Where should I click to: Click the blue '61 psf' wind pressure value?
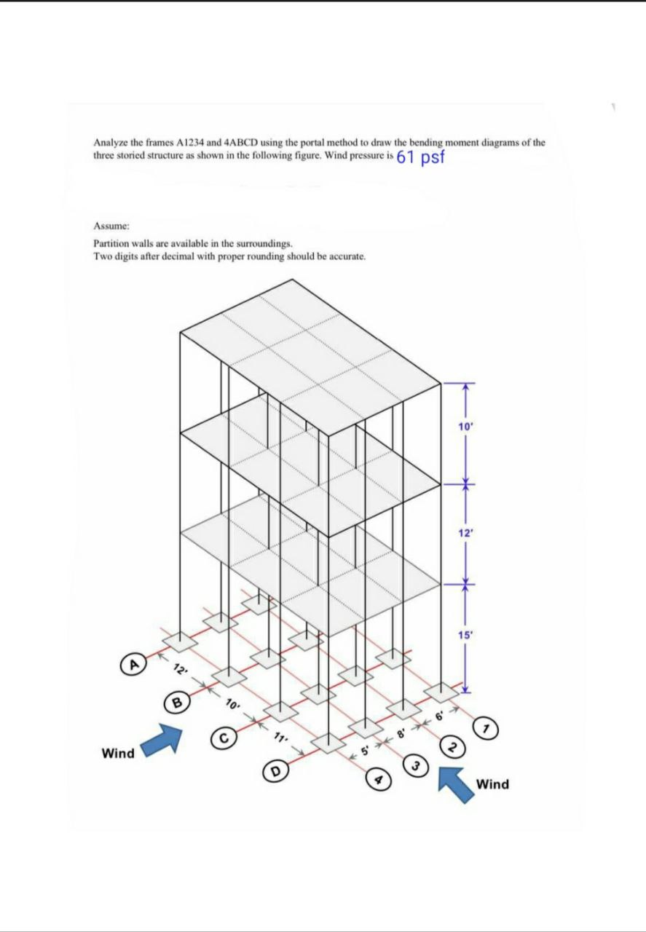[420, 157]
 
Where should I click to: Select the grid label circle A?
[133, 665]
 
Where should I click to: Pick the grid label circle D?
[276, 770]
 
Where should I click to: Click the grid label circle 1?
[486, 727]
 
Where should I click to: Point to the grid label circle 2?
[452, 747]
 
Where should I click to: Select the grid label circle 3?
[416, 765]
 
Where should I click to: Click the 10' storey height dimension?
[466, 427]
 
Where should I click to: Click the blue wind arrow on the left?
[161, 741]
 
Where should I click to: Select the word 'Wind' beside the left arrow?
[118, 754]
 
